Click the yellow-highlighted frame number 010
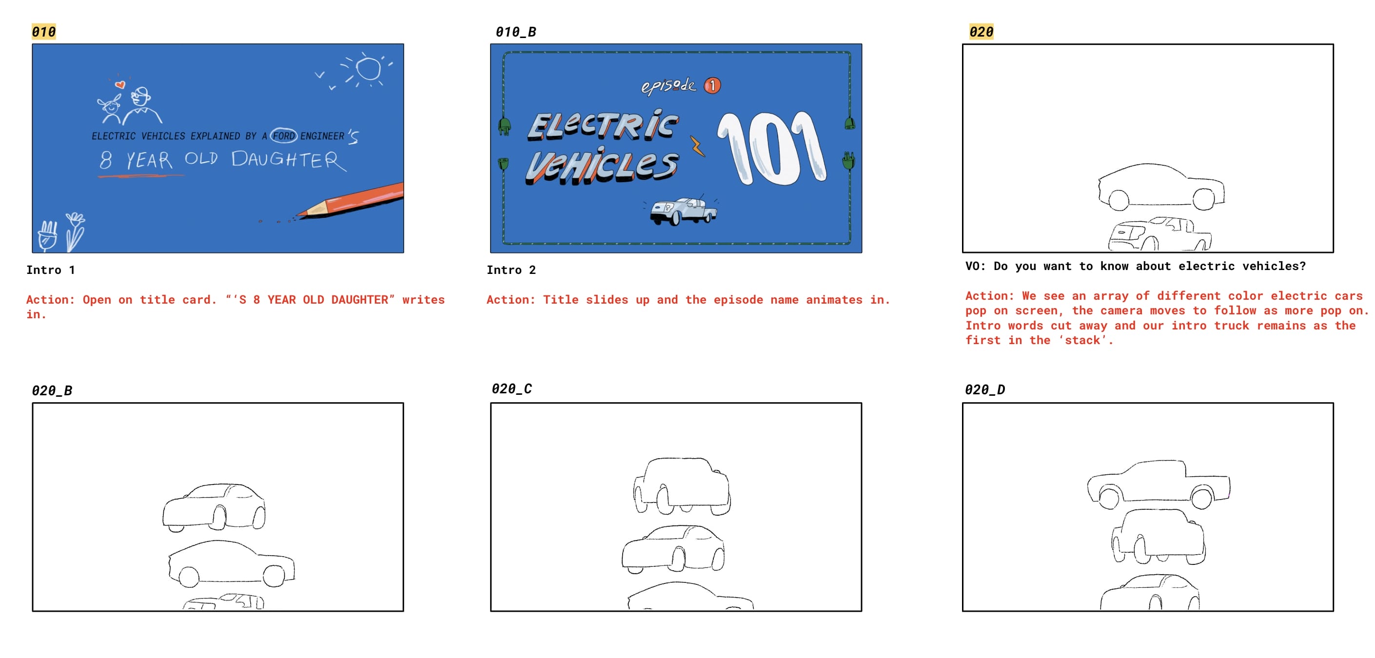click(x=44, y=32)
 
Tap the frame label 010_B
click(x=516, y=32)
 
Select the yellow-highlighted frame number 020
click(x=981, y=32)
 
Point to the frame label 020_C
click(x=511, y=388)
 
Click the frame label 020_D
click(x=985, y=389)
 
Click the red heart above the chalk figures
click(x=120, y=84)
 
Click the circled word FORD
click(x=283, y=136)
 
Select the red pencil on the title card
click(x=350, y=200)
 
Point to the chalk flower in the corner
click(x=74, y=231)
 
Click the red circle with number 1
click(x=712, y=85)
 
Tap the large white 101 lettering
click(x=772, y=148)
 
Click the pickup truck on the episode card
click(x=683, y=211)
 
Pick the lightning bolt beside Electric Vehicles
click(x=697, y=146)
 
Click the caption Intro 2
click(x=511, y=270)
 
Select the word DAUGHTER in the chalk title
click(x=289, y=160)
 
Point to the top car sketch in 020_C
click(x=682, y=485)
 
